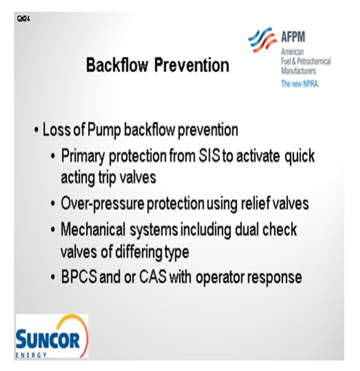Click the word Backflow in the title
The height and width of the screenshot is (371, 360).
tap(117, 65)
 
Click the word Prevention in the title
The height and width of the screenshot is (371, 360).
tap(191, 65)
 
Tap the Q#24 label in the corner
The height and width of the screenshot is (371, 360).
tap(23, 19)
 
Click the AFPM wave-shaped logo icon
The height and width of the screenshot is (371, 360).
tap(263, 40)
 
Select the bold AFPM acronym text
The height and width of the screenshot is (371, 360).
tap(293, 37)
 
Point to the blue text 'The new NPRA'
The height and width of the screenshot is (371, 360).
tap(300, 84)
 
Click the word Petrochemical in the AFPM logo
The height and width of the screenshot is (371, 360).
tap(314, 61)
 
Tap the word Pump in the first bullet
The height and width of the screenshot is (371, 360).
tap(104, 130)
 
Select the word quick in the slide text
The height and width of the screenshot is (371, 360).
tap(299, 157)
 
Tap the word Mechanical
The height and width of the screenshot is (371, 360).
tap(93, 229)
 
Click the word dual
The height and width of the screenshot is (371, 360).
tap(246, 229)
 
